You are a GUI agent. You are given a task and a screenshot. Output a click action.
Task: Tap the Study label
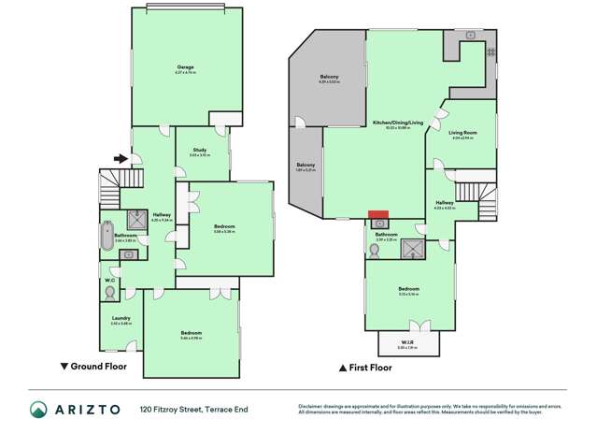(200, 152)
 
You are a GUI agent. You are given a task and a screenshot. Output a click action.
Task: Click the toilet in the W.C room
(111, 292)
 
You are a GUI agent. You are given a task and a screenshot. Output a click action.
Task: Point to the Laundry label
(121, 320)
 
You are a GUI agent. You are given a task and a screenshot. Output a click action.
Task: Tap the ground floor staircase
(109, 194)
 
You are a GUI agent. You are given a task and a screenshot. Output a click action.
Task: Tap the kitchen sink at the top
(470, 36)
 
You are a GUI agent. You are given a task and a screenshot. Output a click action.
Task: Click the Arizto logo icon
(39, 410)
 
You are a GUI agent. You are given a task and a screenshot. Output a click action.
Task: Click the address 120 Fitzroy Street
(173, 410)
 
